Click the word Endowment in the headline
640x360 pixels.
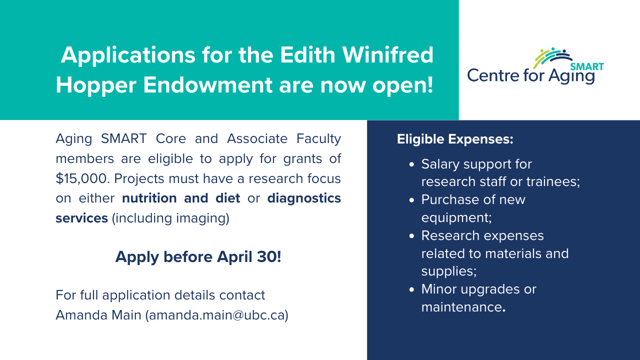[207, 85]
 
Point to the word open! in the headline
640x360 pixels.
[402, 85]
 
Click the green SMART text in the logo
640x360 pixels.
[587, 67]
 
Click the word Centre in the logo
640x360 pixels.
[493, 75]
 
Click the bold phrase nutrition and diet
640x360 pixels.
[181, 198]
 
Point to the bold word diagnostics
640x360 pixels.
[304, 198]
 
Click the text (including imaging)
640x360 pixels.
[170, 218]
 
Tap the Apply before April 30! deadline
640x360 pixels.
[198, 256]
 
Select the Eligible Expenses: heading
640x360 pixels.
[455, 139]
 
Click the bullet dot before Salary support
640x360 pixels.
[411, 164]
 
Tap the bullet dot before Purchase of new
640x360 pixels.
[411, 200]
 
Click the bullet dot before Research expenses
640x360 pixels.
[411, 236]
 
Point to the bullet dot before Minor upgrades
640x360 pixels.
[411, 289]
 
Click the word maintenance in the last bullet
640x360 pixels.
[461, 307]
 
